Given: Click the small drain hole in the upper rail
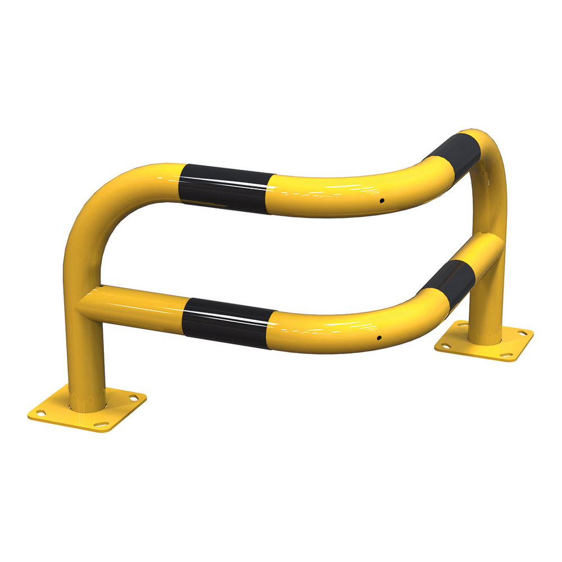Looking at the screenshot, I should coord(382,200).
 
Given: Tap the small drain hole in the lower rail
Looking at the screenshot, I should coord(379,338).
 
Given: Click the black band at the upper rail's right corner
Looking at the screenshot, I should coord(455,151).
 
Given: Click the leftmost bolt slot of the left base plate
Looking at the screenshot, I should coord(40,413).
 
